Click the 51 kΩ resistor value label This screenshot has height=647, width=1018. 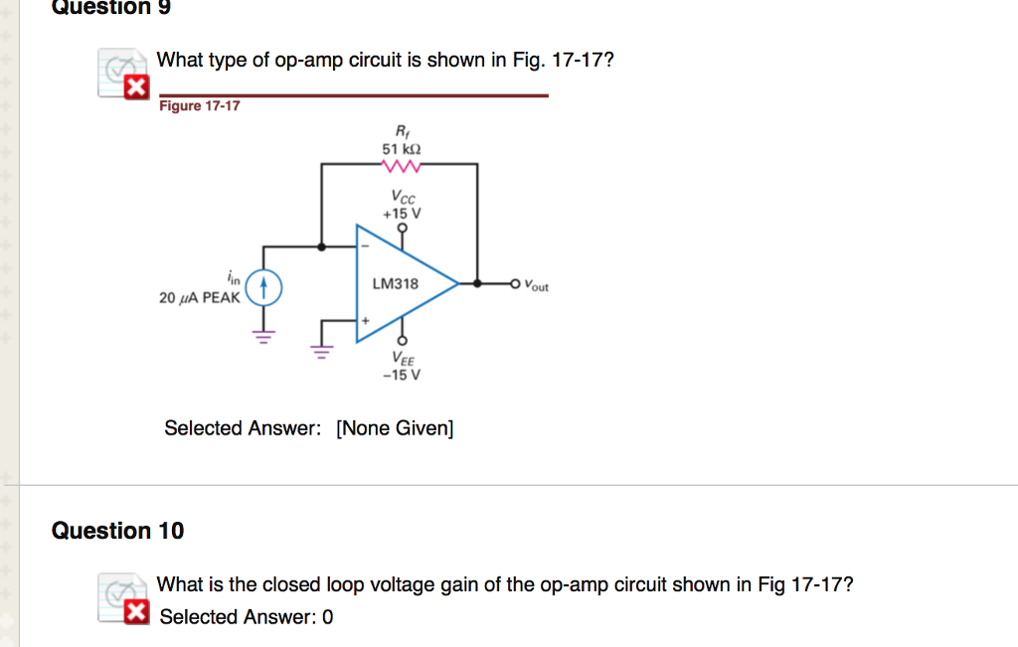(401, 148)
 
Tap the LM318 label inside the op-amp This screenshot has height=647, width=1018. (395, 284)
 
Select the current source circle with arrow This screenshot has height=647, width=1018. (263, 288)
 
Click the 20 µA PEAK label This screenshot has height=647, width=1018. (199, 298)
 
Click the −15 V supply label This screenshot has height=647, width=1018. (403, 375)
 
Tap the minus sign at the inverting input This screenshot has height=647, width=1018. (365, 245)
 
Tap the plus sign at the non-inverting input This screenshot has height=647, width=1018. (365, 321)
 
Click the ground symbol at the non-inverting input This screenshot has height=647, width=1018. (320, 350)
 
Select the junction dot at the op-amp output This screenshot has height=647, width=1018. (478, 284)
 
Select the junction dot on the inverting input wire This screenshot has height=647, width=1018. (320, 245)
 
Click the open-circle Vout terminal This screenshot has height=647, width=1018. (514, 284)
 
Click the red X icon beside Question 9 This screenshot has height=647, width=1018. (131, 89)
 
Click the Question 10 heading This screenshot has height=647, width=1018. (117, 531)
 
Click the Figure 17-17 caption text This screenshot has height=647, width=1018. (200, 106)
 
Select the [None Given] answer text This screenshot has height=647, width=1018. (395, 428)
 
